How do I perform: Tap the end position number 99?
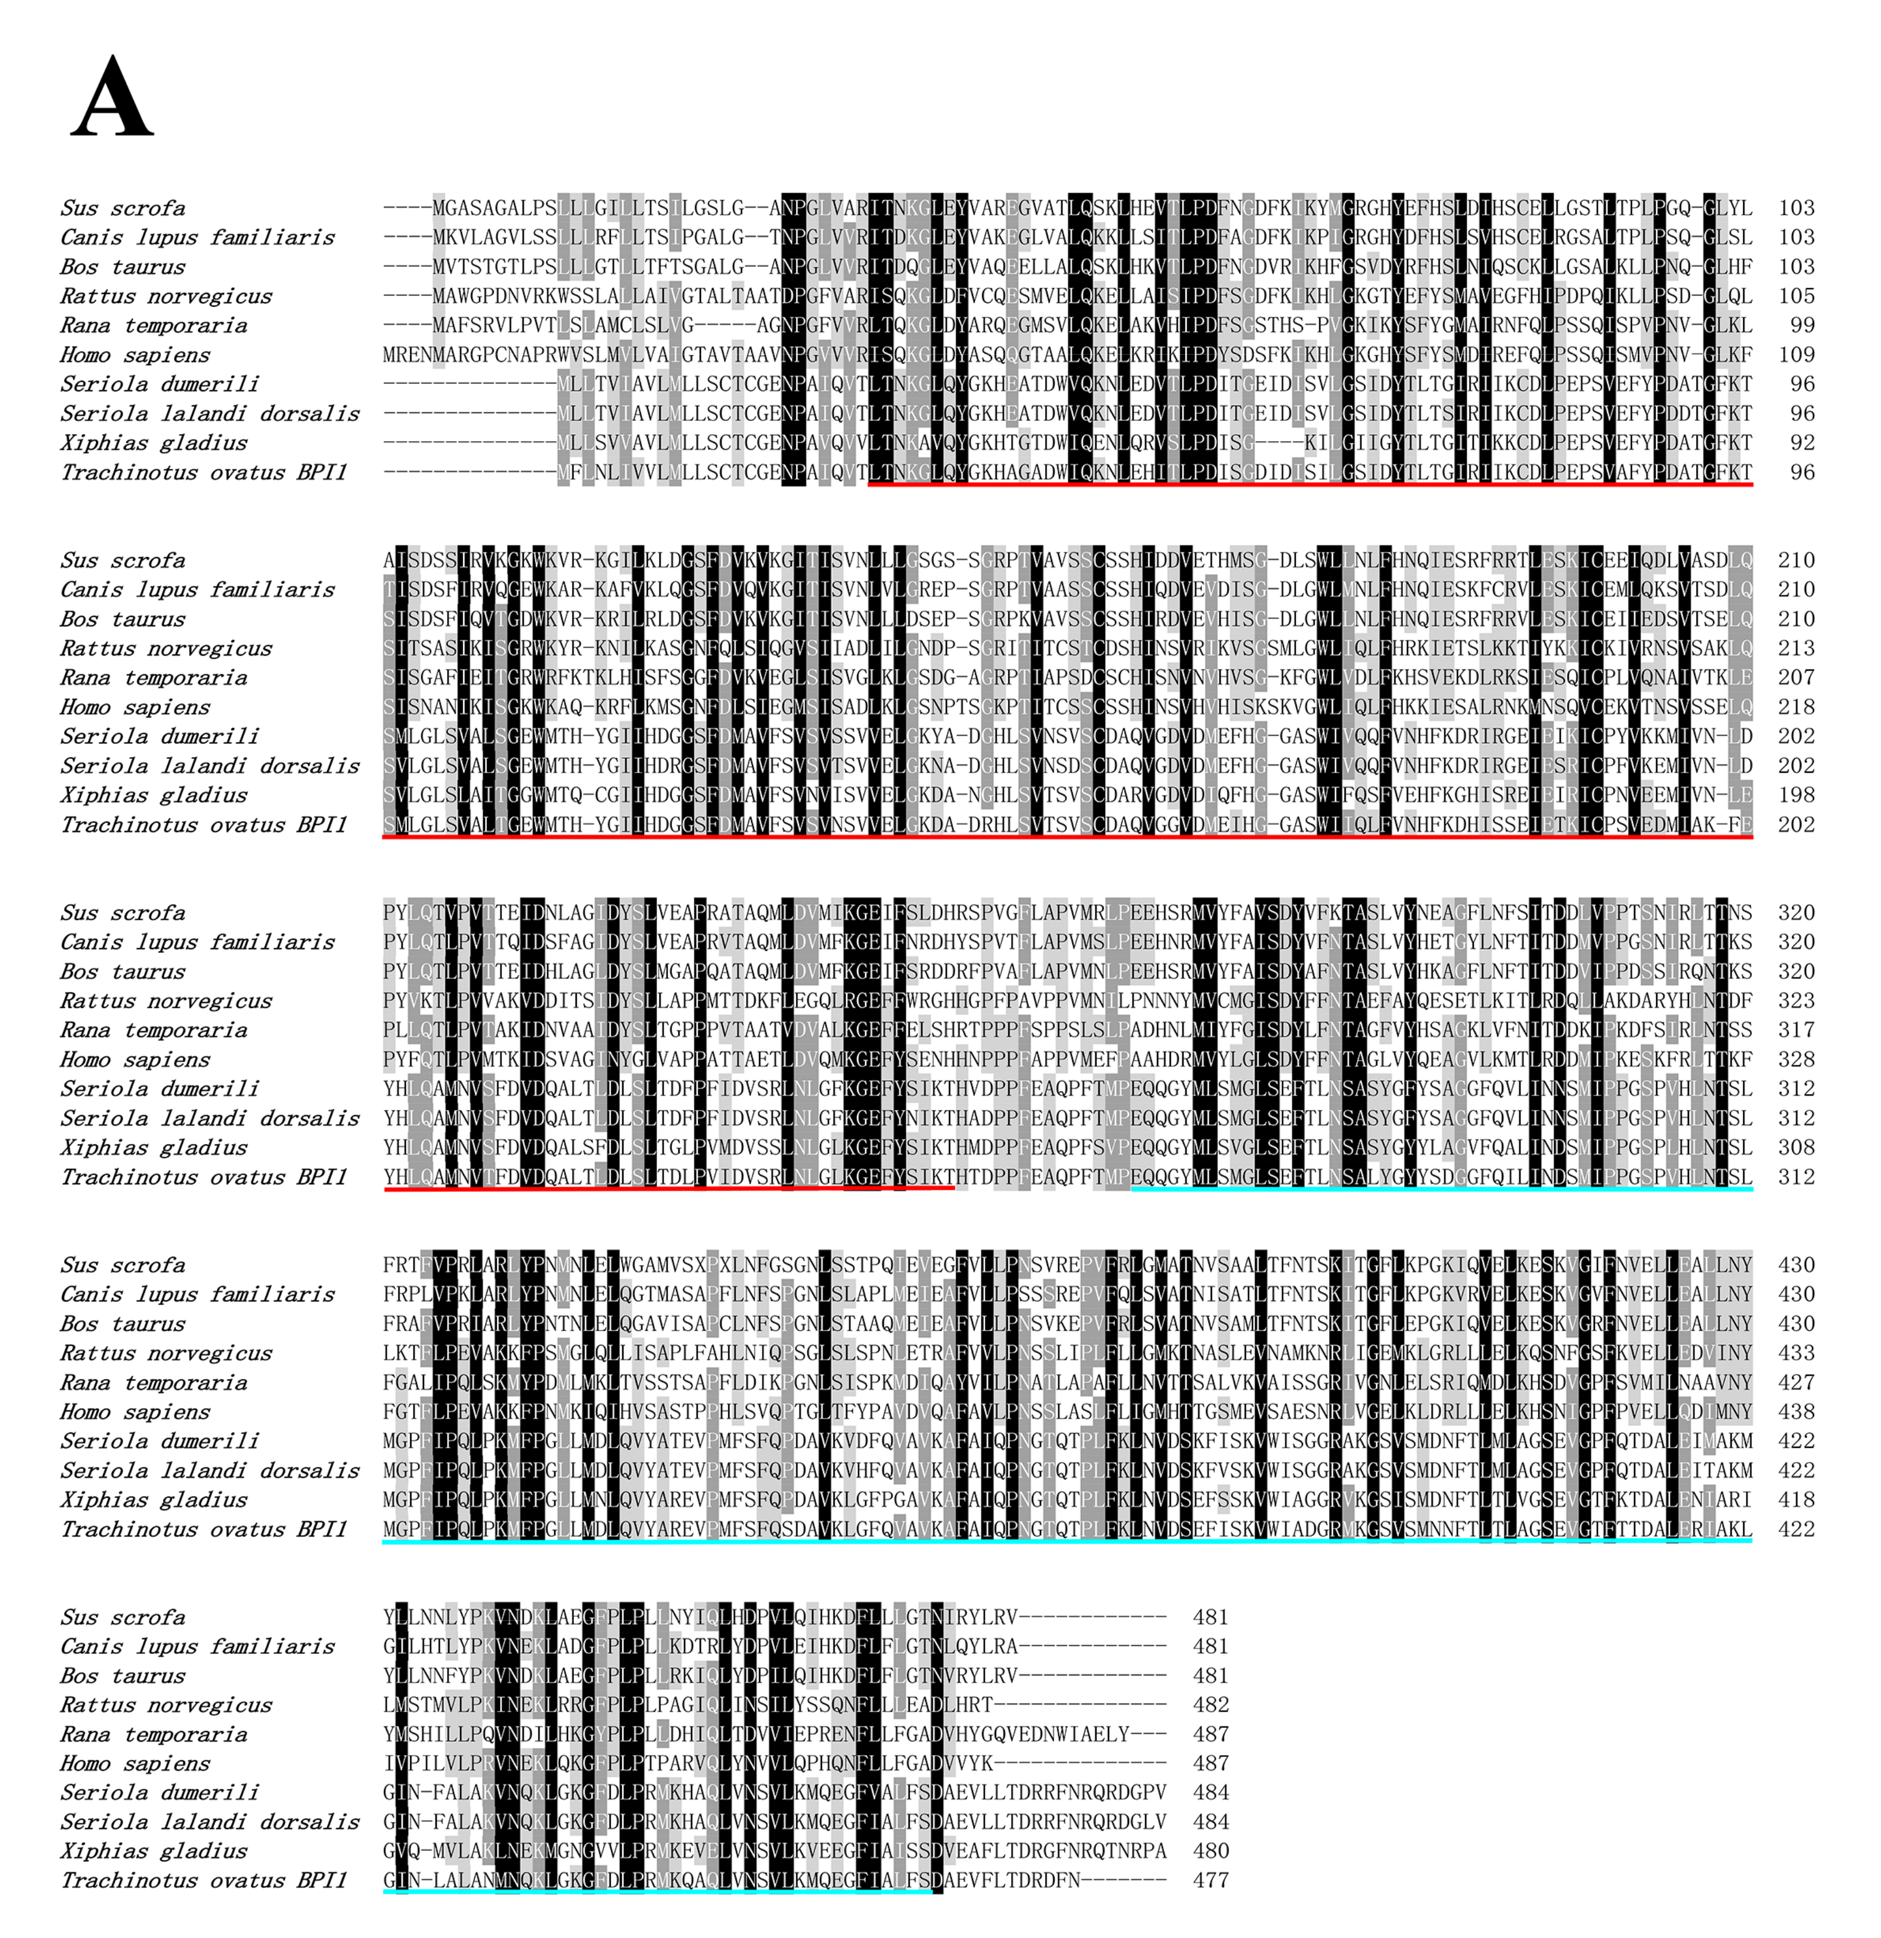[1802, 325]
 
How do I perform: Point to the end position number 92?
[1802, 443]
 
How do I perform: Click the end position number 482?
[1211, 1704]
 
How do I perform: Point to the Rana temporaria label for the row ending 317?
[153, 1030]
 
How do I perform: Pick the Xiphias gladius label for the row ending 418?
[153, 1500]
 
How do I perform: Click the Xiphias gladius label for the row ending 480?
[153, 1851]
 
